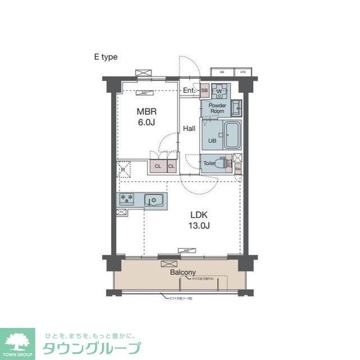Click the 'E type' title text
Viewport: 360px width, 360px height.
tap(106, 57)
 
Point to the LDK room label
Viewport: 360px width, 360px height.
tap(199, 215)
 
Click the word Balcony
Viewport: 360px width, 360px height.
tap(183, 272)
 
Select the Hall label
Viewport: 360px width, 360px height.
tap(189, 128)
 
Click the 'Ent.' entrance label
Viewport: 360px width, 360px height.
tap(188, 90)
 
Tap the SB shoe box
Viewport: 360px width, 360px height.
tap(205, 91)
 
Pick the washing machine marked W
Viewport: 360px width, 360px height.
tap(220, 91)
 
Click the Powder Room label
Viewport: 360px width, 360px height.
tap(217, 108)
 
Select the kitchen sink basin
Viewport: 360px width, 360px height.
tap(153, 200)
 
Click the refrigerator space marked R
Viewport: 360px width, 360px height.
tap(123, 168)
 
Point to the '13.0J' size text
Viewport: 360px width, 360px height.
tap(199, 226)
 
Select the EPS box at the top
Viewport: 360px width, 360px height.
tap(244, 72)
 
